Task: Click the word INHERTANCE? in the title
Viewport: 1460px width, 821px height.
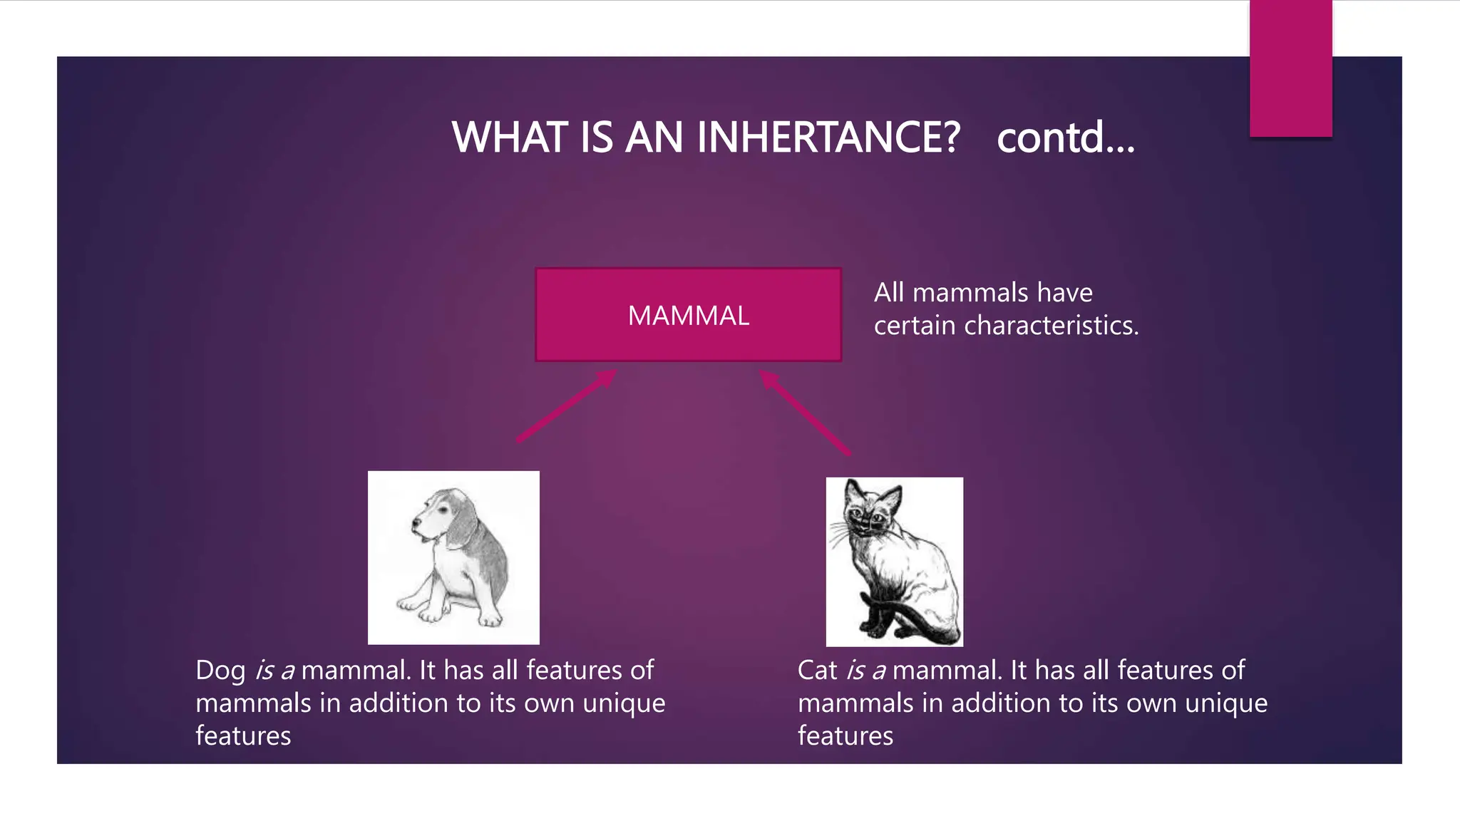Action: point(828,137)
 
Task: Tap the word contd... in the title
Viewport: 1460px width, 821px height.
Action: point(1065,137)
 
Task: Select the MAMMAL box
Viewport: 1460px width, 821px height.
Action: point(688,315)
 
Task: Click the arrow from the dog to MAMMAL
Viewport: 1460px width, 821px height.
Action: point(567,406)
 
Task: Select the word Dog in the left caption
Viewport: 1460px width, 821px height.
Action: point(220,670)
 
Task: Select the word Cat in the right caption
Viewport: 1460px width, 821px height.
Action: point(817,670)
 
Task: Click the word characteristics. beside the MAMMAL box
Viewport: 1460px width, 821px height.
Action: point(1051,326)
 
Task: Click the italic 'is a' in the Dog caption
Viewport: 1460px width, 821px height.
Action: point(274,670)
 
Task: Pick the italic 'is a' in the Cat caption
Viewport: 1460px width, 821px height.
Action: point(866,670)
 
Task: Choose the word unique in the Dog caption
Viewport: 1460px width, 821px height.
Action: point(624,703)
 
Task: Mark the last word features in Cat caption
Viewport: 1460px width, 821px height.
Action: point(845,736)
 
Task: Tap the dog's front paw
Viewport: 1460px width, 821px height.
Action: point(431,614)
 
